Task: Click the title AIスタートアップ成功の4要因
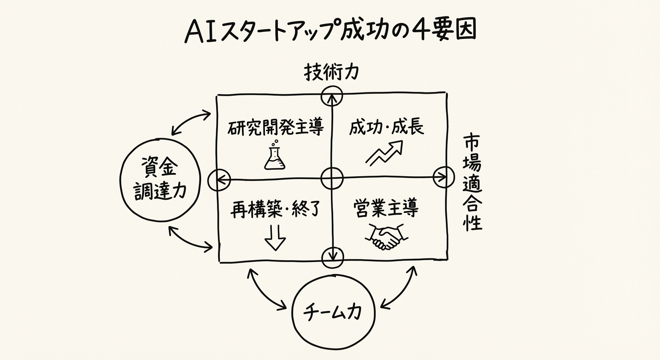click(x=330, y=32)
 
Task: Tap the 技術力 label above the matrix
click(x=331, y=72)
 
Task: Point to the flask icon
click(x=275, y=157)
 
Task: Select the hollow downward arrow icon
click(x=275, y=238)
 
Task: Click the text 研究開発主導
click(x=276, y=127)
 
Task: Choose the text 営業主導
click(x=385, y=209)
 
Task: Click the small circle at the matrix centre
click(x=332, y=179)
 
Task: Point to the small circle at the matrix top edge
click(x=332, y=96)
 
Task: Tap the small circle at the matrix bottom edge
click(x=333, y=256)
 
